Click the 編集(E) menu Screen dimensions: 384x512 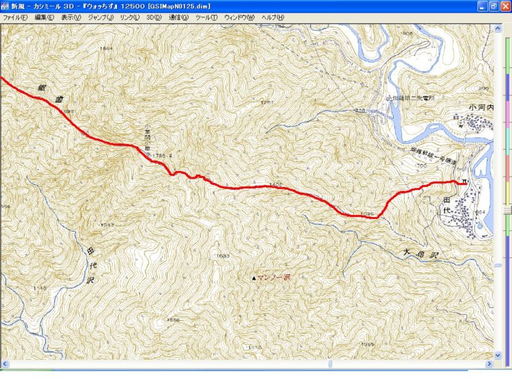tap(44, 18)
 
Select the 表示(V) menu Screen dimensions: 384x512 tap(71, 18)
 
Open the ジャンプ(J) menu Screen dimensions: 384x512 tap(100, 18)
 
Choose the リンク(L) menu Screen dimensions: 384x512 tap(130, 18)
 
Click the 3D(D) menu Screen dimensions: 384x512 tap(154, 18)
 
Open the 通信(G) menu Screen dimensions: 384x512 tap(179, 18)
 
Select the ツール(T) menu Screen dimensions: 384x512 tap(206, 18)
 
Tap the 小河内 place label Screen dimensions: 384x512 tap(481, 108)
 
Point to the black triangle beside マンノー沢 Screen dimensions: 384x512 tap(254, 278)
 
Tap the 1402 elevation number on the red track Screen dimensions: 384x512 tap(276, 184)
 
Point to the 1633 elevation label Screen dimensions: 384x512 tap(222, 256)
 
